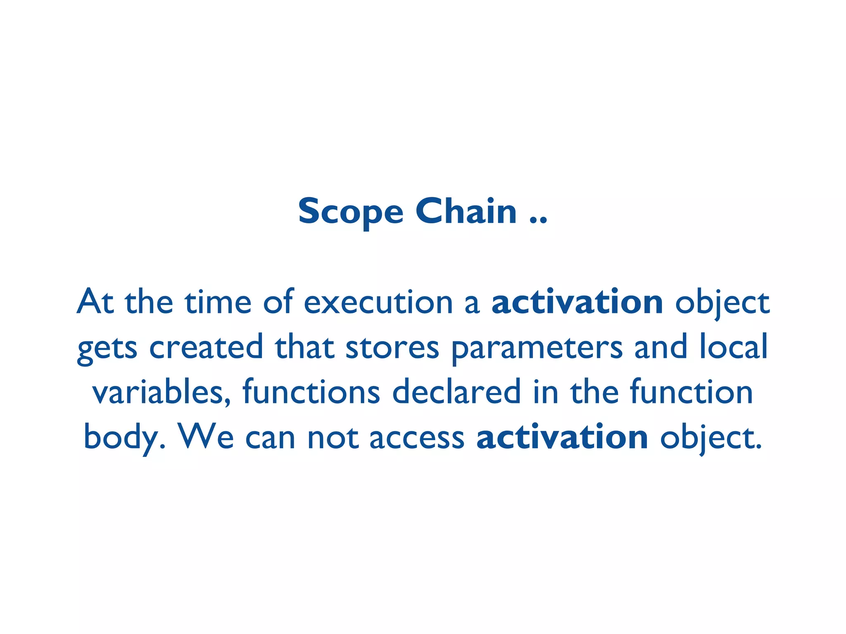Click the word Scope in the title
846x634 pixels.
(350, 212)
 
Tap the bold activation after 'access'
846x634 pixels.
(562, 437)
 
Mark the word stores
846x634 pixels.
(392, 348)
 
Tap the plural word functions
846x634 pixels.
(311, 392)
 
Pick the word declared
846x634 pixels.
(456, 392)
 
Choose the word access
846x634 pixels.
(417, 438)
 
